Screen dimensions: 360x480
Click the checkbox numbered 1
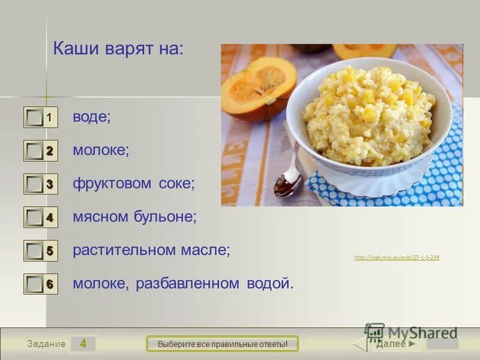(x=35, y=118)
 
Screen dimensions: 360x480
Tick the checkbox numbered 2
(x=35, y=151)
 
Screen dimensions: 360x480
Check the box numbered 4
(x=35, y=218)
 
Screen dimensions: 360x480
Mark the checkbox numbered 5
(x=35, y=251)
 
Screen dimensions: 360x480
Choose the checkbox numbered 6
(x=35, y=284)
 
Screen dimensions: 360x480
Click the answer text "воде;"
(x=92, y=117)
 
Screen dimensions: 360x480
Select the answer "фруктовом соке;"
(x=134, y=184)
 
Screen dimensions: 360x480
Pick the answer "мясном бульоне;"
(x=134, y=217)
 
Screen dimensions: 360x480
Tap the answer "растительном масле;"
(x=151, y=250)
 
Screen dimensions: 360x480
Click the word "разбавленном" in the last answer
(x=189, y=283)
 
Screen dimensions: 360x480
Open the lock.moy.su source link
(x=397, y=257)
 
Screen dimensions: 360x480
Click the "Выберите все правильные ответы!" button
(x=223, y=344)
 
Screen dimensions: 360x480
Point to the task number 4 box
(x=83, y=344)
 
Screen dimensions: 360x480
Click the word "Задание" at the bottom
(x=46, y=344)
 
